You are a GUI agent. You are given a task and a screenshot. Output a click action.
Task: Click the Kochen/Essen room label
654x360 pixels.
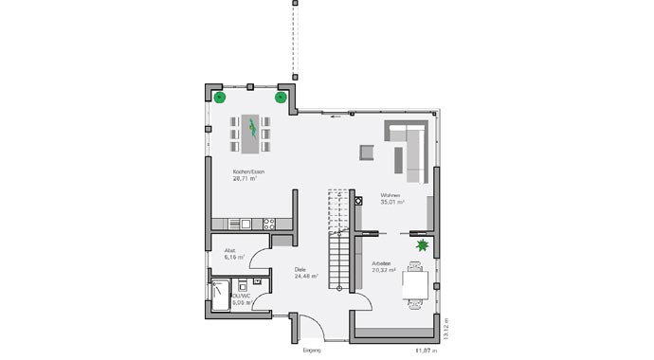pyautogui.click(x=248, y=171)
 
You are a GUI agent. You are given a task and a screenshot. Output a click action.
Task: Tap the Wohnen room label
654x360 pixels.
pyautogui.click(x=391, y=195)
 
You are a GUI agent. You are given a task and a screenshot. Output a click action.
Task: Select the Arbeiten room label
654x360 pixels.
pyautogui.click(x=384, y=263)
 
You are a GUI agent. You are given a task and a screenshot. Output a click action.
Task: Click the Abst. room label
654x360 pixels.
pyautogui.click(x=230, y=250)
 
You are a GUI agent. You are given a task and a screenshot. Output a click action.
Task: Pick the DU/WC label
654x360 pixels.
pyautogui.click(x=240, y=296)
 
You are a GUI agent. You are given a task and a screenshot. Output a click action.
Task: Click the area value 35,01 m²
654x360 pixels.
pyautogui.click(x=392, y=203)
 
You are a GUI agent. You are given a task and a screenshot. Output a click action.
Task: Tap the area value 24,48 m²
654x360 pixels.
pyautogui.click(x=305, y=278)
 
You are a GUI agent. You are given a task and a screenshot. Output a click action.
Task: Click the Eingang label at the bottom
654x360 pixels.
pyautogui.click(x=312, y=350)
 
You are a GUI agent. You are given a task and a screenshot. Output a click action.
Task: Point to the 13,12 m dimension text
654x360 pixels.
pyautogui.click(x=445, y=327)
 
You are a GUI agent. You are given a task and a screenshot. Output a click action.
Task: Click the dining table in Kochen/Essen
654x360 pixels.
pyautogui.click(x=250, y=133)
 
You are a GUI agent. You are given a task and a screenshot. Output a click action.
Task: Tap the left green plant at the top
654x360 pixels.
pyautogui.click(x=219, y=97)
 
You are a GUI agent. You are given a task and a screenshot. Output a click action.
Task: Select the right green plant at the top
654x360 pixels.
pyautogui.click(x=281, y=97)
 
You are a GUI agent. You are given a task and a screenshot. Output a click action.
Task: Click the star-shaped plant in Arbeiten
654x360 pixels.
pyautogui.click(x=421, y=246)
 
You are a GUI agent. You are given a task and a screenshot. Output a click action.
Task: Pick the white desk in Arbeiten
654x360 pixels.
pyautogui.click(x=415, y=283)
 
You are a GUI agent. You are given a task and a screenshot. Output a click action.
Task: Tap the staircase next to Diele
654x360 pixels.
pyautogui.click(x=339, y=242)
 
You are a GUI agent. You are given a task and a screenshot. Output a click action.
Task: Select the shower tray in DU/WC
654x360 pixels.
pyautogui.click(x=220, y=296)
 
